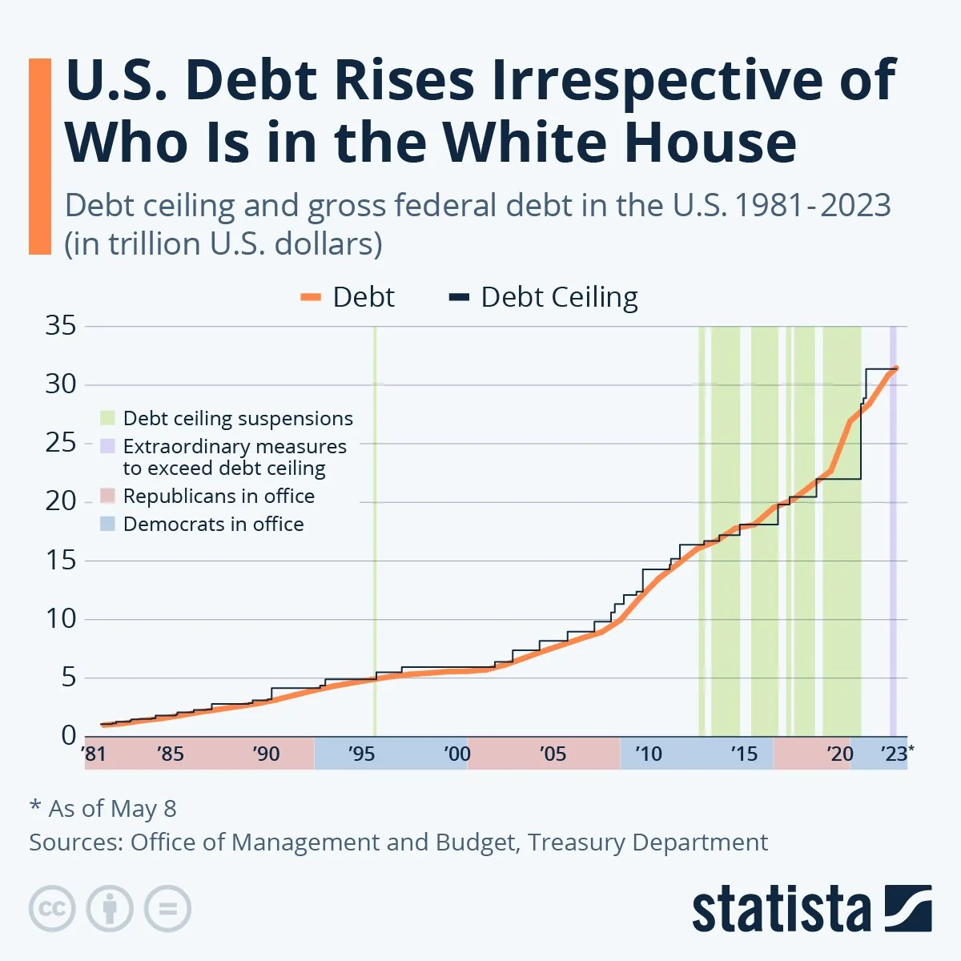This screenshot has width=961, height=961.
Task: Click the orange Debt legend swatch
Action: coord(311,298)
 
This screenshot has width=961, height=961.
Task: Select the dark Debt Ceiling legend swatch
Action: coord(458,298)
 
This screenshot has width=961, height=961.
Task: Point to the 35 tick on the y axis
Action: coord(61,326)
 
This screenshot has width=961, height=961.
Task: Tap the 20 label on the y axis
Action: coord(61,501)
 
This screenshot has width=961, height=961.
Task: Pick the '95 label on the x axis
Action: coord(361,754)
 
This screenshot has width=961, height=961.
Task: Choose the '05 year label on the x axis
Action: coord(553,754)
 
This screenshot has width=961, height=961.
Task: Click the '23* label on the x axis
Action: coord(896,754)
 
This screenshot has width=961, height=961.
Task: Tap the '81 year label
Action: coord(94,754)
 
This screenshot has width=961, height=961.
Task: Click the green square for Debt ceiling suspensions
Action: coord(108,418)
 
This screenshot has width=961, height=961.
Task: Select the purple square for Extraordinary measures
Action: coord(108,446)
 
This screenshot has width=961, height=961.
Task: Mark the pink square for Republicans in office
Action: coord(108,497)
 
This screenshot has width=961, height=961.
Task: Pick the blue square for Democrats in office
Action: coord(108,525)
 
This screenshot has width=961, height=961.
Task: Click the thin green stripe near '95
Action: coord(375,529)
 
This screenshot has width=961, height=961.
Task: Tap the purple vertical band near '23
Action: coord(893,561)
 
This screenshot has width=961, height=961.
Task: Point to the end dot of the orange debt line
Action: coord(896,368)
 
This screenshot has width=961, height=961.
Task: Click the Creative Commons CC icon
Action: coord(52,909)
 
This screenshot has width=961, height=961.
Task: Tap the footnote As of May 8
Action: coord(103,809)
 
